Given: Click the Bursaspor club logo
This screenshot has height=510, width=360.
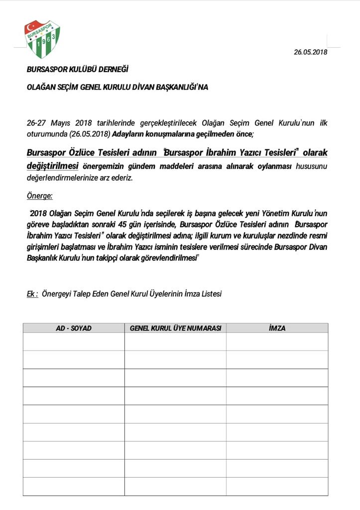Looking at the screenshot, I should tap(42, 39).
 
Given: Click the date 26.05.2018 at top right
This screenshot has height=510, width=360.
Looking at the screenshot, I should tap(310, 52).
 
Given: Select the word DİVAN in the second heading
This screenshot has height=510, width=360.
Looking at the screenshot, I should tap(144, 87).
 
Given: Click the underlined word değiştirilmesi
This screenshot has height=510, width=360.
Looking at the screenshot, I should tap(52, 165).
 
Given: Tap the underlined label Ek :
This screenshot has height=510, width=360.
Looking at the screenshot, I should tap(32, 294).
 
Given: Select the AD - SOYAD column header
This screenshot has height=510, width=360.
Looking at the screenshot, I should tap(74, 328).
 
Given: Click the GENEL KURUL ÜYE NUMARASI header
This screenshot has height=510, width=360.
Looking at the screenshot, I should tap(175, 328).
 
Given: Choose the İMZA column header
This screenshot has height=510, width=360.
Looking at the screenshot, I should tap(277, 328).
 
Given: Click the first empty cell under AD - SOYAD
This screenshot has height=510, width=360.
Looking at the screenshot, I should tap(74, 342).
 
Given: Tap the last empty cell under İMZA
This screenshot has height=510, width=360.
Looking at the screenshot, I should tap(277, 487).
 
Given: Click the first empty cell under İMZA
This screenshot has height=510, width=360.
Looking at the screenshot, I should tap(277, 342).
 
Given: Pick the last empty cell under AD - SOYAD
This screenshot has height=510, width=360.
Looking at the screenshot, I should tap(74, 487).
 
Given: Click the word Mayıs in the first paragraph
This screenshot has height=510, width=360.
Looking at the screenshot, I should tap(60, 123).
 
